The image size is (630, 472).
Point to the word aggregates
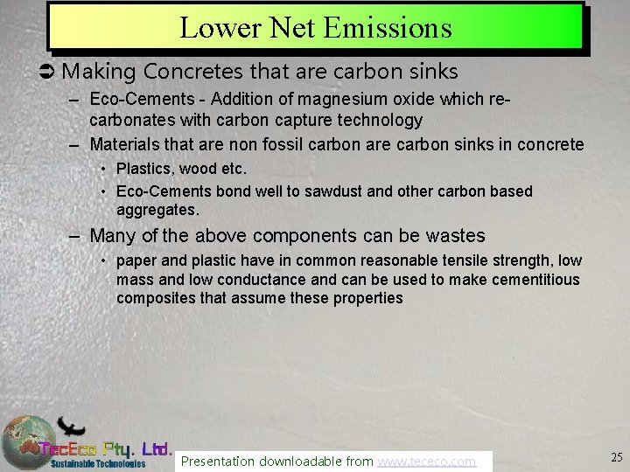coord(157,210)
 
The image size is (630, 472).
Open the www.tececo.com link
coord(426,461)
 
